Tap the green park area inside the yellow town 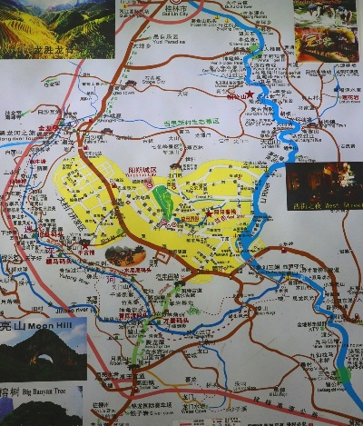point(164,200)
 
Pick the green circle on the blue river point(343,376)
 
